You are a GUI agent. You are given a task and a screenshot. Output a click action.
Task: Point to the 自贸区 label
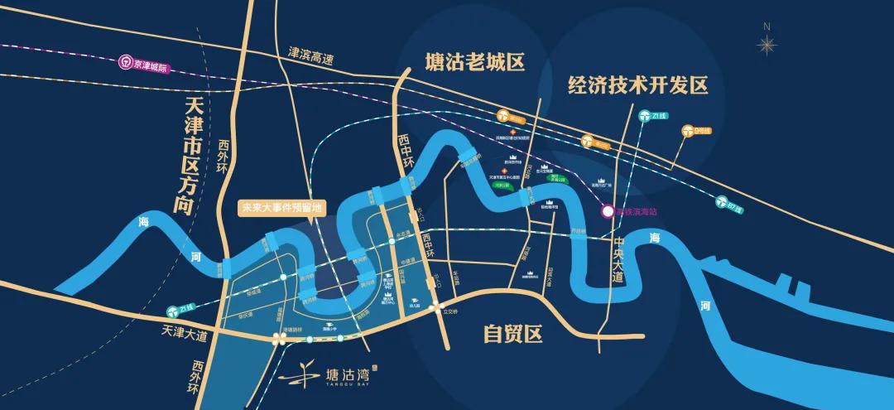coord(512,334)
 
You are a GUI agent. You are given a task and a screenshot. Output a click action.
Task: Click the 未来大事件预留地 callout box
coord(280,208)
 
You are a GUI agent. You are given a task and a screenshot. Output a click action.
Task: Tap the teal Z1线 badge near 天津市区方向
coord(175,308)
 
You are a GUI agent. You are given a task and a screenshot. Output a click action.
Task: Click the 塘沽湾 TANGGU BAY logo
coord(327,381)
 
